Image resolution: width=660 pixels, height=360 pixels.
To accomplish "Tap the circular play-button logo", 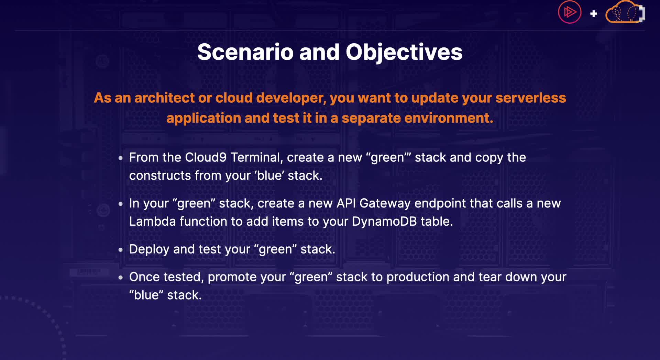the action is (x=570, y=12).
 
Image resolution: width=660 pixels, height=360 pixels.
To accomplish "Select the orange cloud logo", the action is (x=625, y=12).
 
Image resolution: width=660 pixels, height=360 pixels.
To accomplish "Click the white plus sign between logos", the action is (x=594, y=14).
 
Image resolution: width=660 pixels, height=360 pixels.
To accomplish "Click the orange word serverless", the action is (x=531, y=98).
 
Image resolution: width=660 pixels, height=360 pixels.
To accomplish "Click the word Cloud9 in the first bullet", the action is (x=206, y=157).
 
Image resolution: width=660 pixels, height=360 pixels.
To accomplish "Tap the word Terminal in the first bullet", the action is (x=257, y=158).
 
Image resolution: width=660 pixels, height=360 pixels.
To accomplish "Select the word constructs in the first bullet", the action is (x=160, y=176).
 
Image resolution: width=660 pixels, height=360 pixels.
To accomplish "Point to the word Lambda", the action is (x=152, y=222).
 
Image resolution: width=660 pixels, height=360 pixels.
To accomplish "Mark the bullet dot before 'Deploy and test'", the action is (x=120, y=250).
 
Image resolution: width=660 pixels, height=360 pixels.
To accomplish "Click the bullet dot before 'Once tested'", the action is (x=120, y=278).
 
